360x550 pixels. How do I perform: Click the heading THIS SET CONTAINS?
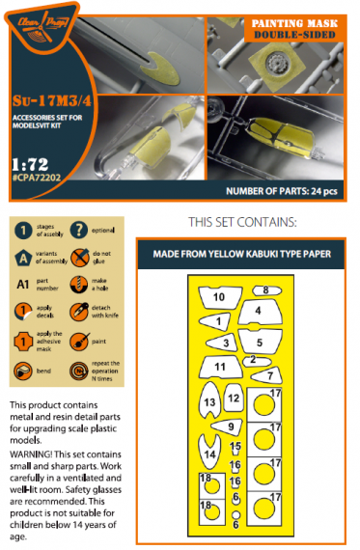[x=245, y=221]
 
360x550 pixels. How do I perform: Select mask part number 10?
[x=218, y=296]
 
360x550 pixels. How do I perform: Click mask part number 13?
[x=209, y=402]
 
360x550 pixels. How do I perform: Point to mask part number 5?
[x=259, y=341]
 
